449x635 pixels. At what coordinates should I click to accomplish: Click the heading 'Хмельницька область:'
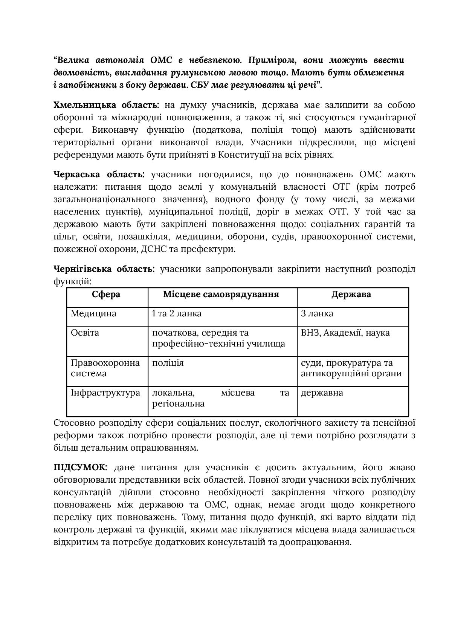pyautogui.click(x=106, y=105)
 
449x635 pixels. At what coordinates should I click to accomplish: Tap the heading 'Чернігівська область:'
pyautogui.click(x=104, y=269)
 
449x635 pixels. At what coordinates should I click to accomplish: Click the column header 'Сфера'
pyautogui.click(x=106, y=294)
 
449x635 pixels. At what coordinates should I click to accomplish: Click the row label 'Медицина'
pyautogui.click(x=94, y=313)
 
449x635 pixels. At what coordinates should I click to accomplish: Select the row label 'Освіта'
pyautogui.click(x=85, y=333)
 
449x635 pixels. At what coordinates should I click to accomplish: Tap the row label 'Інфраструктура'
pyautogui.click(x=105, y=393)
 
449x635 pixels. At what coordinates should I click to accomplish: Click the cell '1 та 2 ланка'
pyautogui.click(x=177, y=313)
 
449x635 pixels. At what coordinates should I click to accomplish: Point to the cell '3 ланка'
pyautogui.click(x=317, y=313)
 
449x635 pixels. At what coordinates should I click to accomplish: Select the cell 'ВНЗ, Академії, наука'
pyautogui.click(x=345, y=333)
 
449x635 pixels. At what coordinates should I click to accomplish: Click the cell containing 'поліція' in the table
pyautogui.click(x=168, y=363)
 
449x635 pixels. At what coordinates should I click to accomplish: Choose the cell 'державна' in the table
pyautogui.click(x=322, y=393)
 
